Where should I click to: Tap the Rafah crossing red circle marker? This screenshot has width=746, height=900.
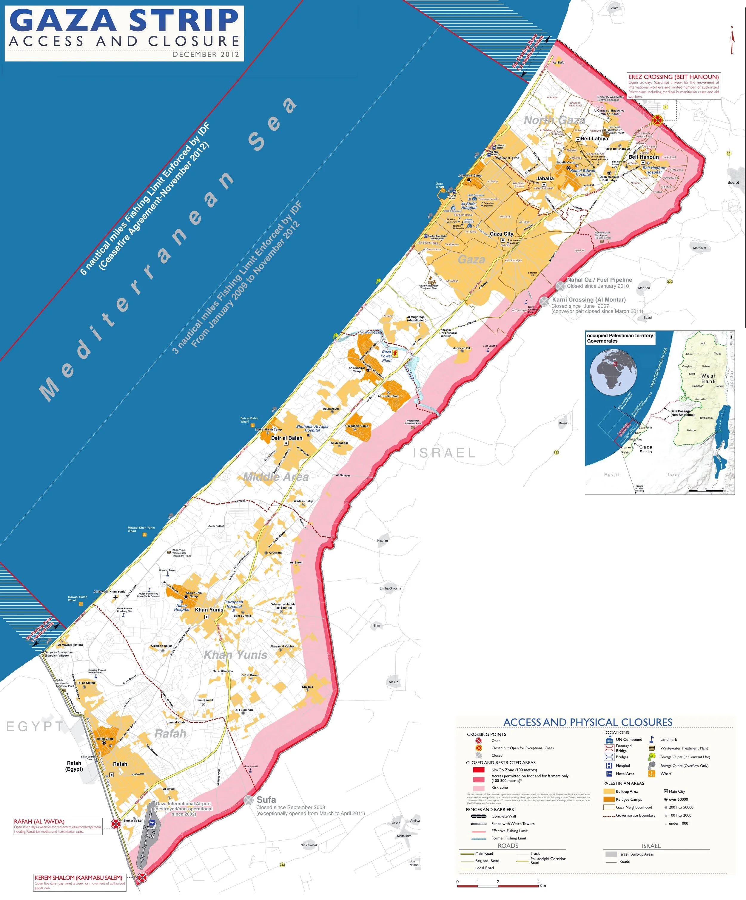point(116,823)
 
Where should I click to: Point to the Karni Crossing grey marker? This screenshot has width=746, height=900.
point(544,301)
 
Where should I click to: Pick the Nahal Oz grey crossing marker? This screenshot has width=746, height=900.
point(560,286)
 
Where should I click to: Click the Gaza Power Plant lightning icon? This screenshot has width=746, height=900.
point(395,354)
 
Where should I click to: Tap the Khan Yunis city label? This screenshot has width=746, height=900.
point(209,610)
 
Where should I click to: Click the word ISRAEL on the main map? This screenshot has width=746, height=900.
point(444,453)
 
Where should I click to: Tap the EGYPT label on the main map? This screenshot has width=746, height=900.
point(35,726)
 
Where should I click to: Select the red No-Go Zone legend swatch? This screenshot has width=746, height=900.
point(478,770)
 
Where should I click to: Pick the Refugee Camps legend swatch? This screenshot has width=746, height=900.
point(609,799)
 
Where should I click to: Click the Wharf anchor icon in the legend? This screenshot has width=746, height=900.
point(652,774)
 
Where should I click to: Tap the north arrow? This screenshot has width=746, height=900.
point(732,41)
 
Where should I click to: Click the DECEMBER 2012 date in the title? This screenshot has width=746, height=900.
point(206,55)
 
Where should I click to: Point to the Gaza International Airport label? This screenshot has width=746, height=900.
point(184,804)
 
